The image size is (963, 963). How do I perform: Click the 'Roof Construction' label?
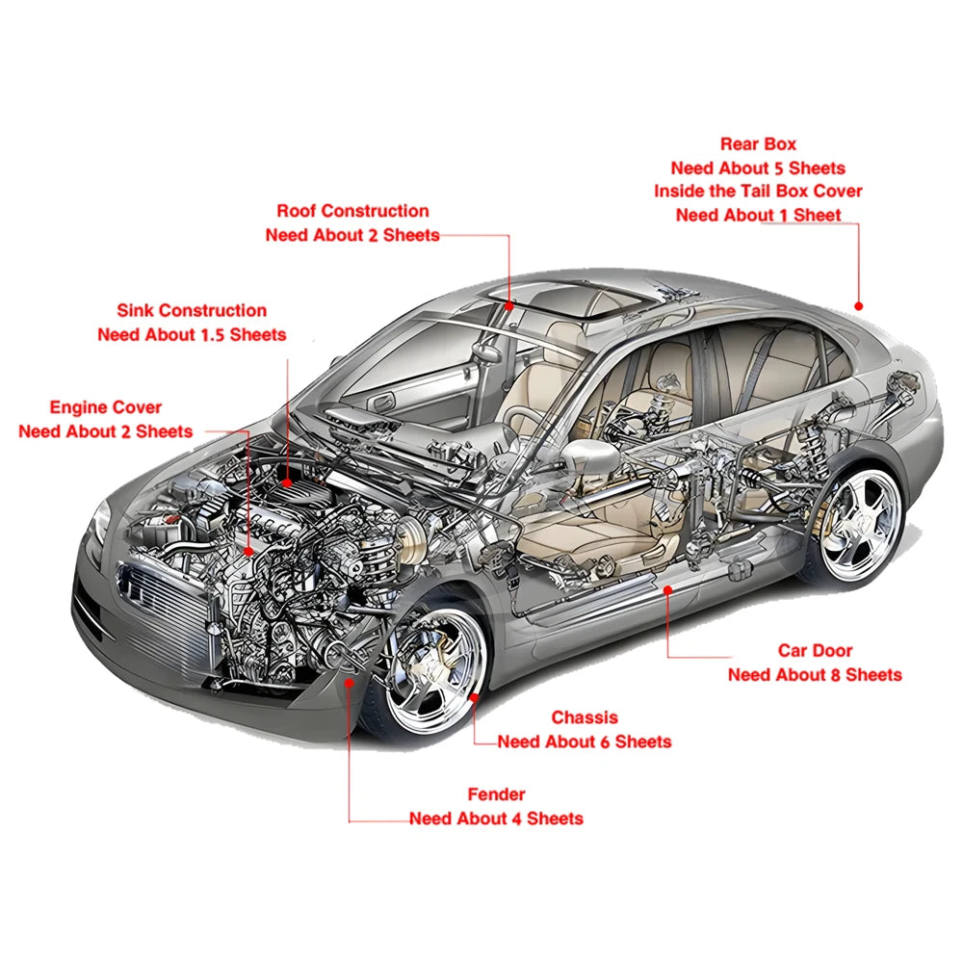click(x=352, y=211)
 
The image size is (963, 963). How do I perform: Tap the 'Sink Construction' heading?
click(x=192, y=310)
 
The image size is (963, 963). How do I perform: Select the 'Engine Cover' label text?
click(x=106, y=407)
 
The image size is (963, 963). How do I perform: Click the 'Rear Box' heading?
click(x=758, y=143)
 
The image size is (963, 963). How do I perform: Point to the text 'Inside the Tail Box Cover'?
click(x=758, y=191)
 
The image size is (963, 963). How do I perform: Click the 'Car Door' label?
click(x=815, y=650)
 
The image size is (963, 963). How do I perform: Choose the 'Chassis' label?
click(x=585, y=717)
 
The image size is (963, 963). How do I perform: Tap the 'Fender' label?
click(x=496, y=794)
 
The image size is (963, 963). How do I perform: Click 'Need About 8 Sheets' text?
click(x=815, y=674)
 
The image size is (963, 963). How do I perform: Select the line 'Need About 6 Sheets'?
click(x=585, y=742)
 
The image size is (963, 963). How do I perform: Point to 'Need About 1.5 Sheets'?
click(x=192, y=335)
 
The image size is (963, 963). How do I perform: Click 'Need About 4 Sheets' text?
click(x=496, y=818)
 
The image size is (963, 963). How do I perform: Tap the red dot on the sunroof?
click(x=509, y=305)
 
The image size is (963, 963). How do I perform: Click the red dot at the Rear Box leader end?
click(x=859, y=305)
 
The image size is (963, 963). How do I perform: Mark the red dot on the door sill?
click(x=668, y=590)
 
